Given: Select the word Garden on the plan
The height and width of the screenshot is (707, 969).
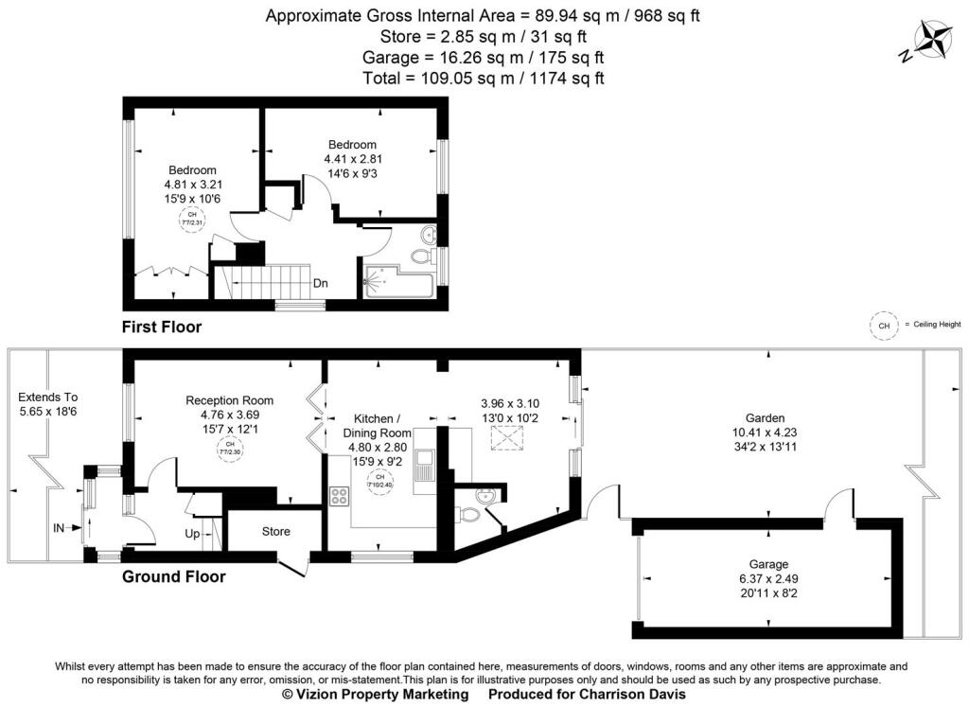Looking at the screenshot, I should pos(765,417).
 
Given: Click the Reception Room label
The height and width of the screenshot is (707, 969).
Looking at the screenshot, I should pos(230,400).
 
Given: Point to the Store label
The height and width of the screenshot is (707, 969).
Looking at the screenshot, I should pos(275,532).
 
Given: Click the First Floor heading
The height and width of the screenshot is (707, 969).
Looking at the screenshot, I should pos(162,327).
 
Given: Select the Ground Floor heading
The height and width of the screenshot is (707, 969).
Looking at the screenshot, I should pos(174,576).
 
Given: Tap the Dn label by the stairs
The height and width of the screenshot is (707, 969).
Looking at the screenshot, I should pos(321,282).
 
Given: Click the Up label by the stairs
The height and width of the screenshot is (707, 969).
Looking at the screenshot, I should pos(192,535).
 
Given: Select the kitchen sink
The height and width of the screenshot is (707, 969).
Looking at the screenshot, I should pos(424,461).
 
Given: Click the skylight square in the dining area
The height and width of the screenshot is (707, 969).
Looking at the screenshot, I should pos(508,438).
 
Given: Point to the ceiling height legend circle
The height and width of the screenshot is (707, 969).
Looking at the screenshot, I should pos(884,326).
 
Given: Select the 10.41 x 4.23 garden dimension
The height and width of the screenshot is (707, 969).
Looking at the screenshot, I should pos(765,432).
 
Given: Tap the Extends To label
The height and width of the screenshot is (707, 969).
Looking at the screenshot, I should pos(47,398).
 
